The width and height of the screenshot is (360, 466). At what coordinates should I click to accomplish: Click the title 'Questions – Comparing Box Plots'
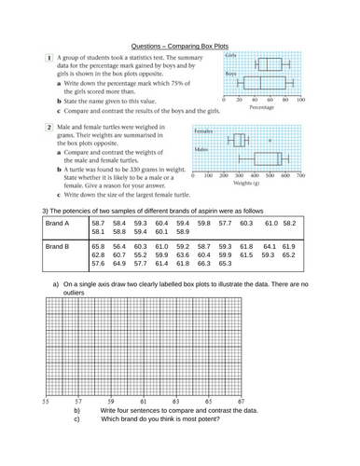(179, 43)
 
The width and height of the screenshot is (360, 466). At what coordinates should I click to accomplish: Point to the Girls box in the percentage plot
(267, 64)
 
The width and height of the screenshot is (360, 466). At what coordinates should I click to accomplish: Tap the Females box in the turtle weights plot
(239, 140)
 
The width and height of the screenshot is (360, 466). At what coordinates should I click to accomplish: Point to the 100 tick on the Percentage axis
(298, 99)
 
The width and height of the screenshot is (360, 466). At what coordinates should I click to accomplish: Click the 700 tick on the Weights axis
(298, 174)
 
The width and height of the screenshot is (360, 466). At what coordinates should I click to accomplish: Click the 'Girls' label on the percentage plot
(230, 56)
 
